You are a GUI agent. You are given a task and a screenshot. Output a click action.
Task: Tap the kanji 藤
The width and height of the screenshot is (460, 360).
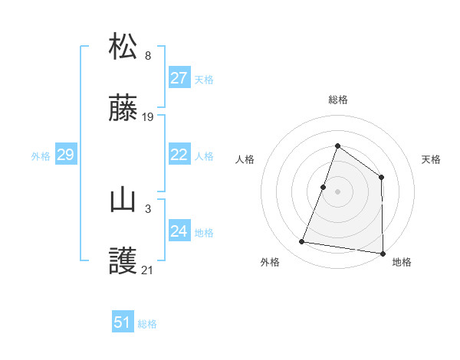coord(123,109)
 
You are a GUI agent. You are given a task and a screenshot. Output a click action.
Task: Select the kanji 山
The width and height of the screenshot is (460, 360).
coord(123,200)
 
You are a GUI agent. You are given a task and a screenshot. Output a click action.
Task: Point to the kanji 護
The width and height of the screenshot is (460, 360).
coord(123,262)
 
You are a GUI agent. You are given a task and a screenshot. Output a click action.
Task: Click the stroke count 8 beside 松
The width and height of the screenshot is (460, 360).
coord(148,55)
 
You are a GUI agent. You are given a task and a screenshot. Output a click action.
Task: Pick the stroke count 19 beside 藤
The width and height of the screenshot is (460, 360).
coord(148,117)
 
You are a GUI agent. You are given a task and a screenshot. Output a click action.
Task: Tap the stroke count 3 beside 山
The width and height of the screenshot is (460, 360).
coord(148,208)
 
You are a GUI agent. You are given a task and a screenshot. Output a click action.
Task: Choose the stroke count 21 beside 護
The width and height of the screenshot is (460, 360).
coord(148,270)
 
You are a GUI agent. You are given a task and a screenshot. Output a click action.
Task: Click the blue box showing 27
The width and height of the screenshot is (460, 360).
coord(179,78)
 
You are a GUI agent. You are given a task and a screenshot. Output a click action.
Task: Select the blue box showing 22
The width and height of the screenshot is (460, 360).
coord(179,155)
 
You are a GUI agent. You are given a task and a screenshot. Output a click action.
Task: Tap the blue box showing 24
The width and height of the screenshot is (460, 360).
coord(179,231)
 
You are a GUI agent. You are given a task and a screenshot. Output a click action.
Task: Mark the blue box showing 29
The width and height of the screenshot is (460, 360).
coord(66,155)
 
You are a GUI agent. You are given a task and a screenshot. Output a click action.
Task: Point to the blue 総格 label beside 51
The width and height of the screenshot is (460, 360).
coord(147,324)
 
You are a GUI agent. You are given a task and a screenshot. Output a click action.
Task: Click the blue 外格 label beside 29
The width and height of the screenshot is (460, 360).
coord(41,156)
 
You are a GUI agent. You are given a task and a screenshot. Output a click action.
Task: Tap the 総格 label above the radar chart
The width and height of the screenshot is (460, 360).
coord(337,100)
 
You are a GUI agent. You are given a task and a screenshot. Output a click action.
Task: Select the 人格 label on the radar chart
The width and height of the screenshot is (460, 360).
coord(245,159)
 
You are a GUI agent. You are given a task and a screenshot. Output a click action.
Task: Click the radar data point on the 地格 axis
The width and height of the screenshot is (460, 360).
coord(382,253)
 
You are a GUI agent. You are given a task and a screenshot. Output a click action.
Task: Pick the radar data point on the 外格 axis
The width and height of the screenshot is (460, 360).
coord(302,242)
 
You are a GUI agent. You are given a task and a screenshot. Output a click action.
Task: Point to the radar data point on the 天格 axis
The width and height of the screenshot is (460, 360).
coord(381,177)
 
